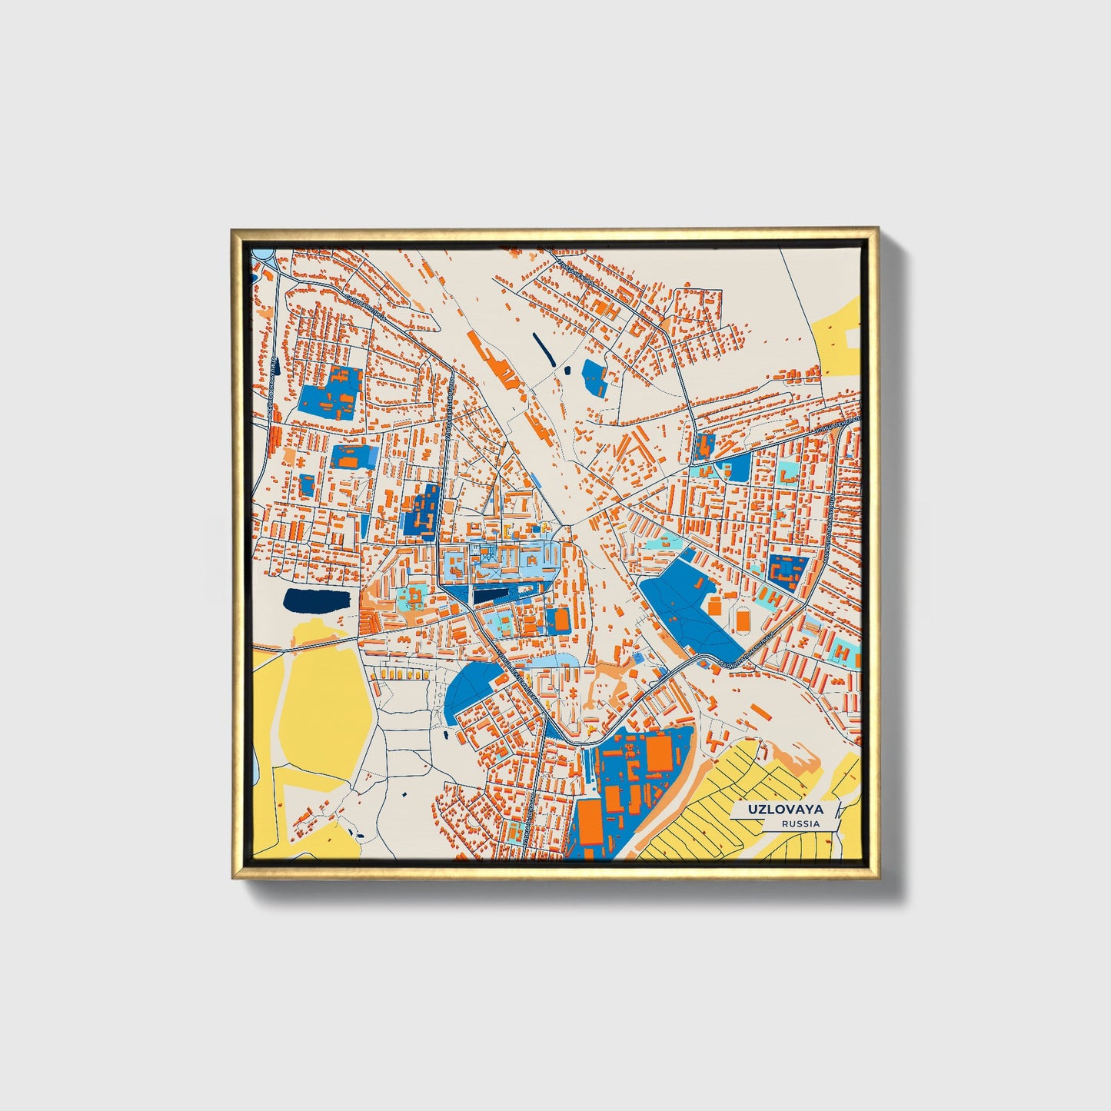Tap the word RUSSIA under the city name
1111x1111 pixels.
(x=800, y=823)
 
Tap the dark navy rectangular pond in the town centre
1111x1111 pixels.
(x=492, y=594)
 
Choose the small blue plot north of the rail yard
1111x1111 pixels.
(x=595, y=378)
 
